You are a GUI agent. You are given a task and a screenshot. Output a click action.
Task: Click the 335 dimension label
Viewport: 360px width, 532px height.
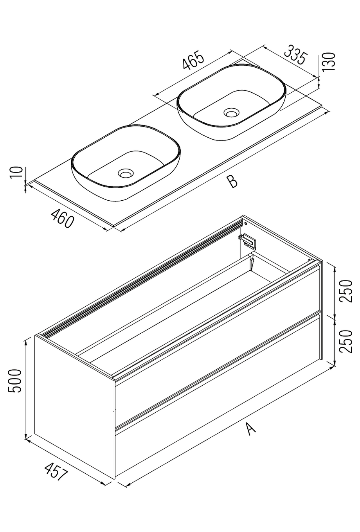point(294,55)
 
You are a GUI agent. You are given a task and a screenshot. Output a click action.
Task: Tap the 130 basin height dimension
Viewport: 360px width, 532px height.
point(329,61)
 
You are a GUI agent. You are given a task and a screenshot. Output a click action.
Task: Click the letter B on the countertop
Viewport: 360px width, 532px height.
point(232,182)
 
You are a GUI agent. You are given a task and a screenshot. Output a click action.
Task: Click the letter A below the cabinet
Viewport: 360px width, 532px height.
point(251,428)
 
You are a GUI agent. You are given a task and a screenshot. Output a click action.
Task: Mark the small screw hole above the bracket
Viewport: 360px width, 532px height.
point(246,223)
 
